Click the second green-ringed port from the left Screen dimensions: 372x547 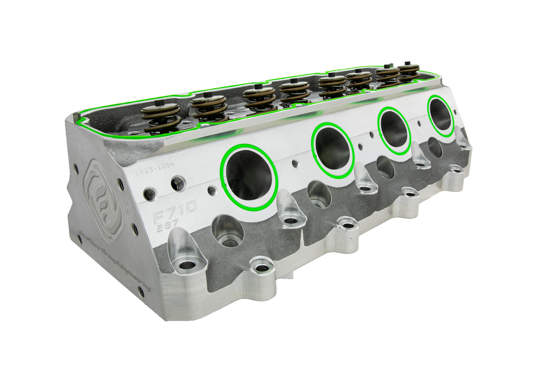pyautogui.click(x=333, y=149)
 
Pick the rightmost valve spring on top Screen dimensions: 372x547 pyautogui.click(x=410, y=73)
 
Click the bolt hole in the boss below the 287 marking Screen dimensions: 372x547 pyautogui.click(x=187, y=265)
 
